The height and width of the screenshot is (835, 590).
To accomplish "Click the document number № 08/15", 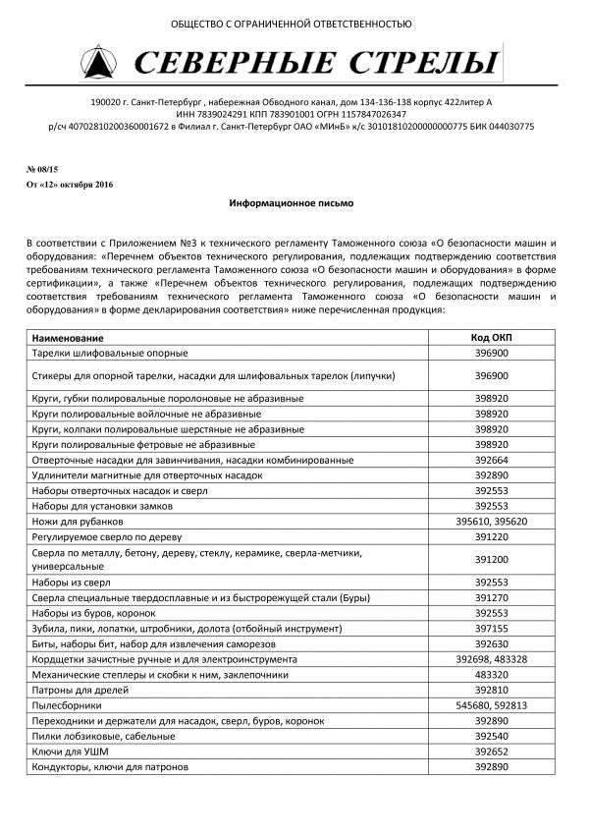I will pyautogui.click(x=42, y=169).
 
